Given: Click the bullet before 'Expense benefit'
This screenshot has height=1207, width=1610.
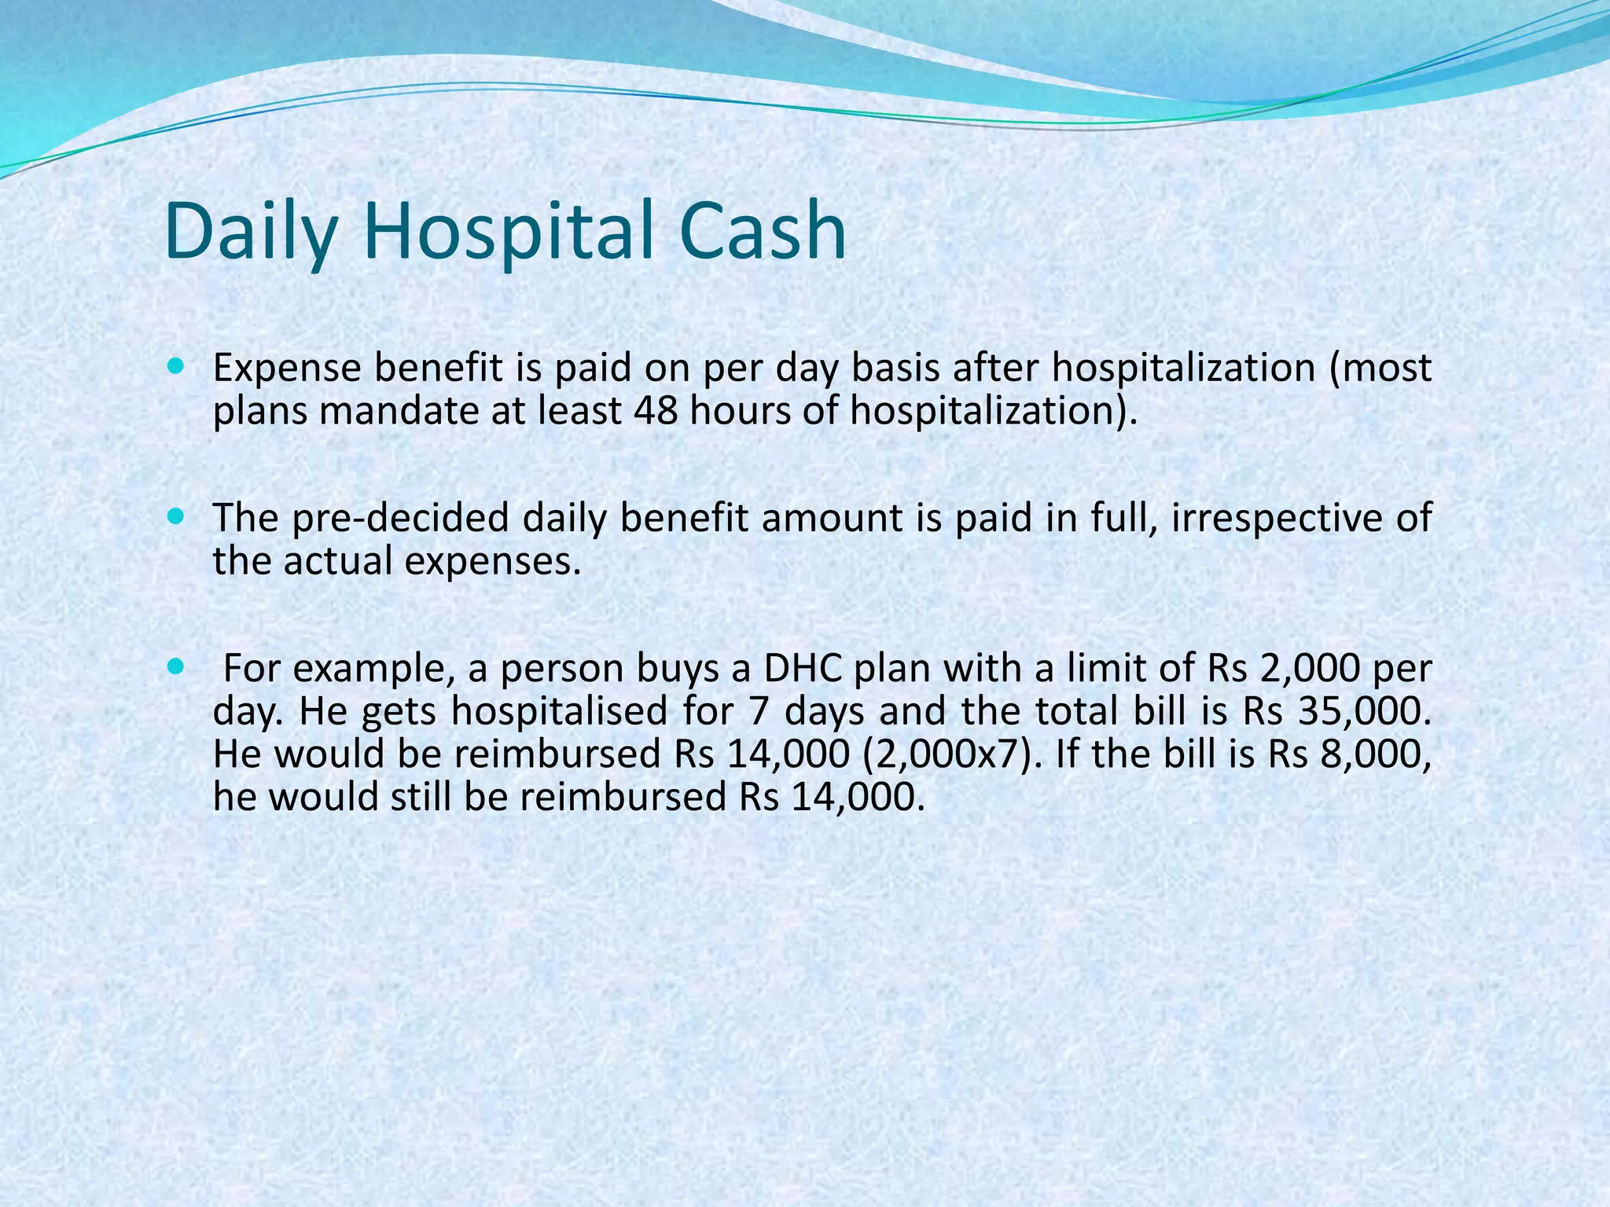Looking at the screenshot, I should coord(176,366).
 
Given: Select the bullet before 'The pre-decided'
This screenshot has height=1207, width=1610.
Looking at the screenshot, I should coord(176,516).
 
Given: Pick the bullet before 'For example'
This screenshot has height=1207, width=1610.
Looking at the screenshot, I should coord(176,667).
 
